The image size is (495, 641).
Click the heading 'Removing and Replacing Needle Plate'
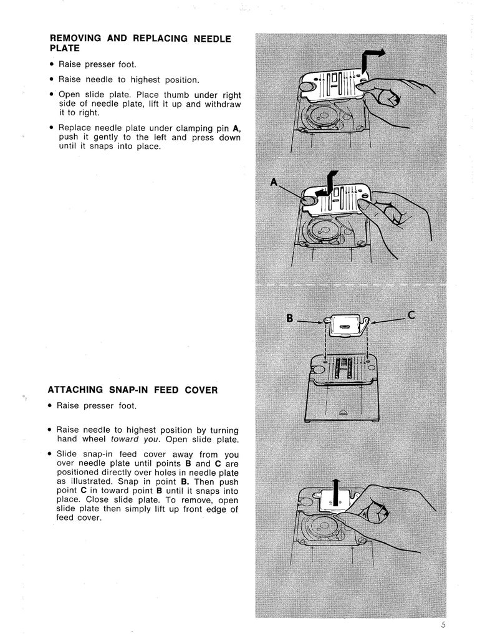[140, 43]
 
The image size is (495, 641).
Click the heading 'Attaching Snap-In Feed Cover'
[133, 390]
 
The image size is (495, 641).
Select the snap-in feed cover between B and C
[345, 325]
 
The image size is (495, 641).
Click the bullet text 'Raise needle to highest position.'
[129, 79]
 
